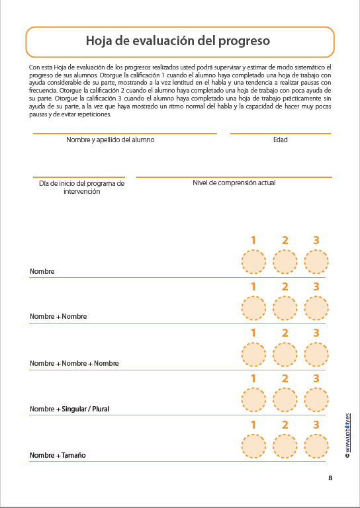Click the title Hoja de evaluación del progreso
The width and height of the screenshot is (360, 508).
coord(179,41)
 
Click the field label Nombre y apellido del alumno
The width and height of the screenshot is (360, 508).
coord(111,140)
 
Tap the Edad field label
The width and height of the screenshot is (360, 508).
coord(280,140)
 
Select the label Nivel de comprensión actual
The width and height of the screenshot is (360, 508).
coord(234,183)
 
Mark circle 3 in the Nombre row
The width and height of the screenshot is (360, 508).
coord(316,262)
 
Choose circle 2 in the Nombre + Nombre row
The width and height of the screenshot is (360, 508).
coord(285,308)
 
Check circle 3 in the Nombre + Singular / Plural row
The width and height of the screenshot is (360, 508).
coord(316,400)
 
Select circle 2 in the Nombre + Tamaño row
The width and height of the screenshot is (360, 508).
coord(285,446)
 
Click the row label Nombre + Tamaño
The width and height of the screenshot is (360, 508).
coord(58,456)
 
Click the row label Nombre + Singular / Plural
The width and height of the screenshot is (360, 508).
coord(69,409)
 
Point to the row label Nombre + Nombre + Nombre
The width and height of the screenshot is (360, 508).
coord(74,363)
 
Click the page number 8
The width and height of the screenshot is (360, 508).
coord(330,478)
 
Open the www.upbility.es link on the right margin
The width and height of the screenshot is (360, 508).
coord(347,433)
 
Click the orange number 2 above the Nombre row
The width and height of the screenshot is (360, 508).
coord(285,241)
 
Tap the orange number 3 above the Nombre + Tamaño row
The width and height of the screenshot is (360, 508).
coord(316,425)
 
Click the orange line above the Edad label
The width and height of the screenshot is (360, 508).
coord(280,134)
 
